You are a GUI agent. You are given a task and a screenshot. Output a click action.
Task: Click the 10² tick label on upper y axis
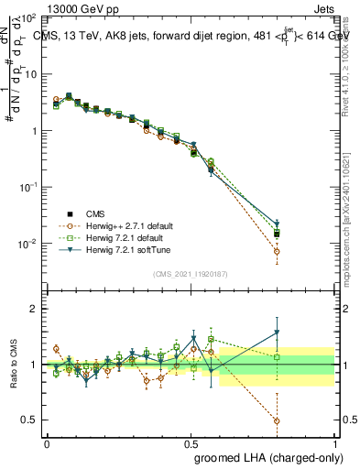tap(27, 18)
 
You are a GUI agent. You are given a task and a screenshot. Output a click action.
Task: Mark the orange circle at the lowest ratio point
tap(277, 421)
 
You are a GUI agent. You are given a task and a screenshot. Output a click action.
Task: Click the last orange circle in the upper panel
tap(277, 251)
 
